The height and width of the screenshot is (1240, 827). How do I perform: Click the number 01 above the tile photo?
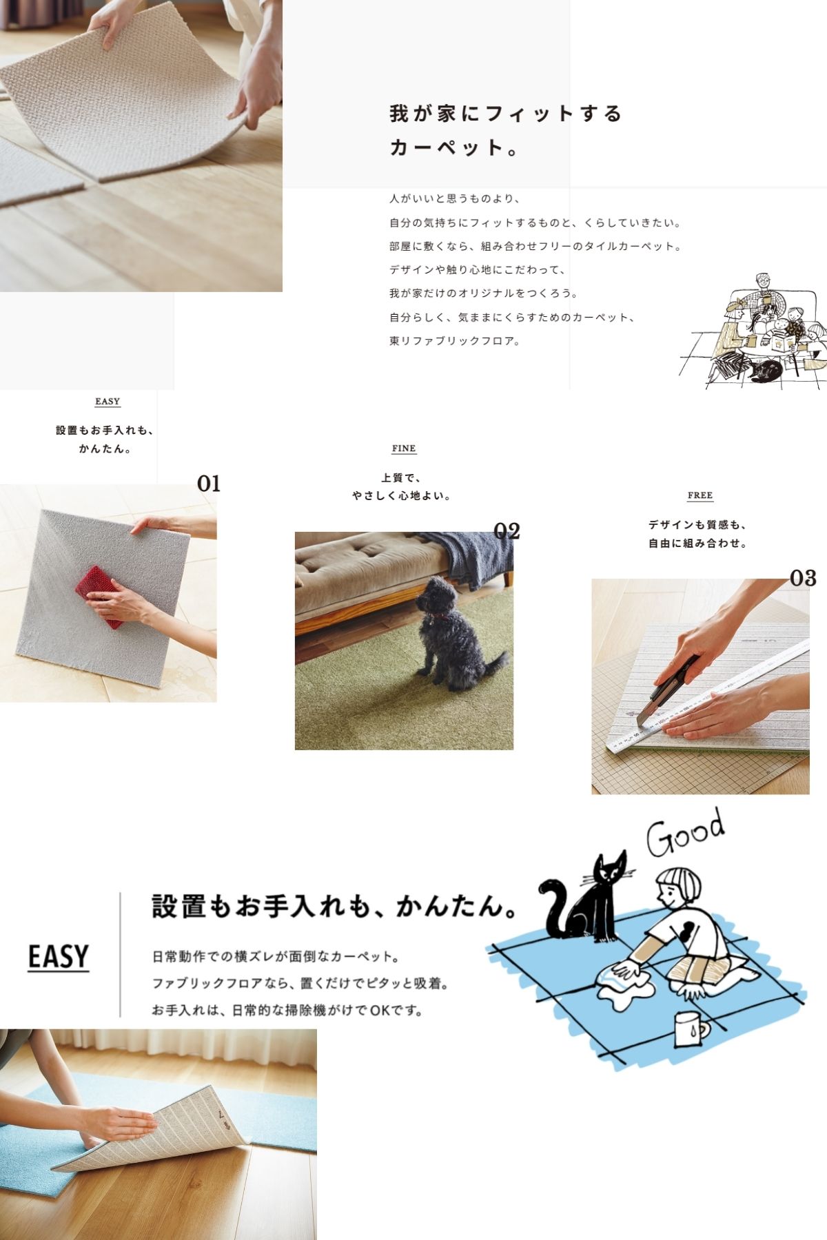(209, 484)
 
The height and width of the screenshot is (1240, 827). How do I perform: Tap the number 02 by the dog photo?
(507, 530)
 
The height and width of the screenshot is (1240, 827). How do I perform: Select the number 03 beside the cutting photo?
(803, 578)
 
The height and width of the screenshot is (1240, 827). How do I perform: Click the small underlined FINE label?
(404, 448)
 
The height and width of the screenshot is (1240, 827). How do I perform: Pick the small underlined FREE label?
(700, 495)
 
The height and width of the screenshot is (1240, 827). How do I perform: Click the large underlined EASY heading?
(59, 957)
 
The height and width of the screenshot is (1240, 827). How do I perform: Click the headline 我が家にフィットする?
(505, 113)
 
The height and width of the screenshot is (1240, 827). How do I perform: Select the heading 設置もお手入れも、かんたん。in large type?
(335, 906)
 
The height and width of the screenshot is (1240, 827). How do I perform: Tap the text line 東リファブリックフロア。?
(455, 341)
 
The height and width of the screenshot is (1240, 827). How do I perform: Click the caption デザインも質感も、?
(697, 525)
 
